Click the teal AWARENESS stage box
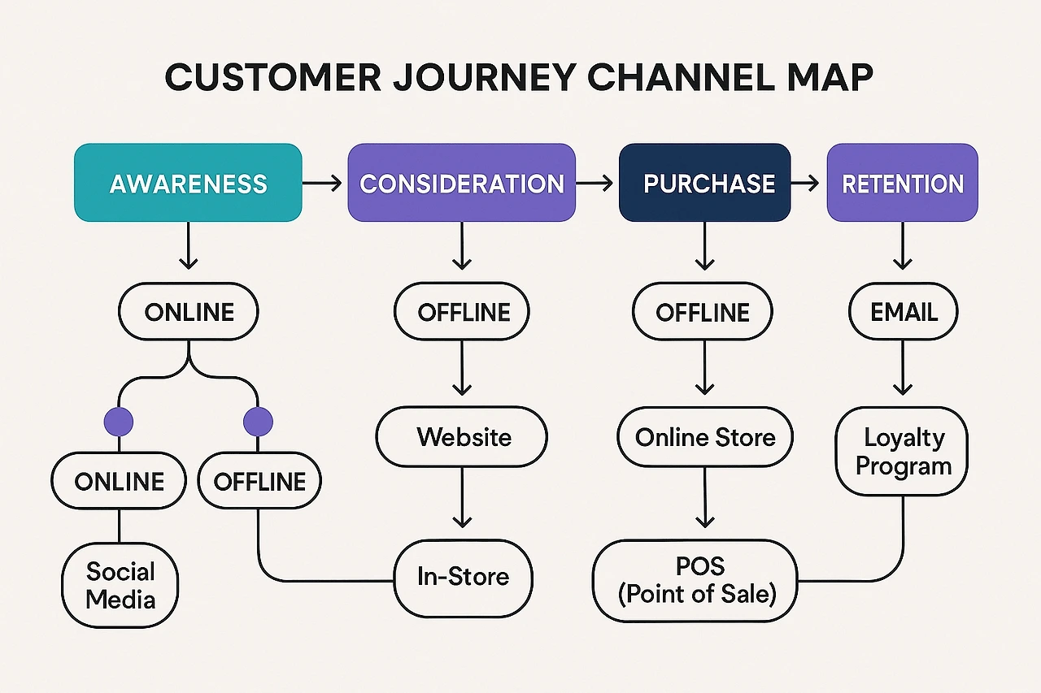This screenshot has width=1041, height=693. tap(188, 183)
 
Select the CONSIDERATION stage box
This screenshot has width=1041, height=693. tap(461, 183)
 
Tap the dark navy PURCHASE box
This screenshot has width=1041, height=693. tap(704, 183)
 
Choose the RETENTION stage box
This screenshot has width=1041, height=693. tap(902, 183)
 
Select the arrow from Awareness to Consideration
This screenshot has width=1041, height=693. tap(324, 184)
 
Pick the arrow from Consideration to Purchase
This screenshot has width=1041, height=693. tap(596, 184)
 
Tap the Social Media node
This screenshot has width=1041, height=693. tap(120, 586)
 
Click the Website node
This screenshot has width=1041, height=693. tap(462, 437)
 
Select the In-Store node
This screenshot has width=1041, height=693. tap(463, 577)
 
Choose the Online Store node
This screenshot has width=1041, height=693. tap(705, 438)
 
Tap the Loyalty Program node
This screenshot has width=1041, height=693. tap(903, 452)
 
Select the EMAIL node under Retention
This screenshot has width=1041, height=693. tap(903, 311)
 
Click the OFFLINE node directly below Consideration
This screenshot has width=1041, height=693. tap(462, 311)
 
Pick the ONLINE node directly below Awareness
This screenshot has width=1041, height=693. tap(189, 312)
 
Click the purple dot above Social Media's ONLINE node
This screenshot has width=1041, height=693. tap(119, 422)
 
